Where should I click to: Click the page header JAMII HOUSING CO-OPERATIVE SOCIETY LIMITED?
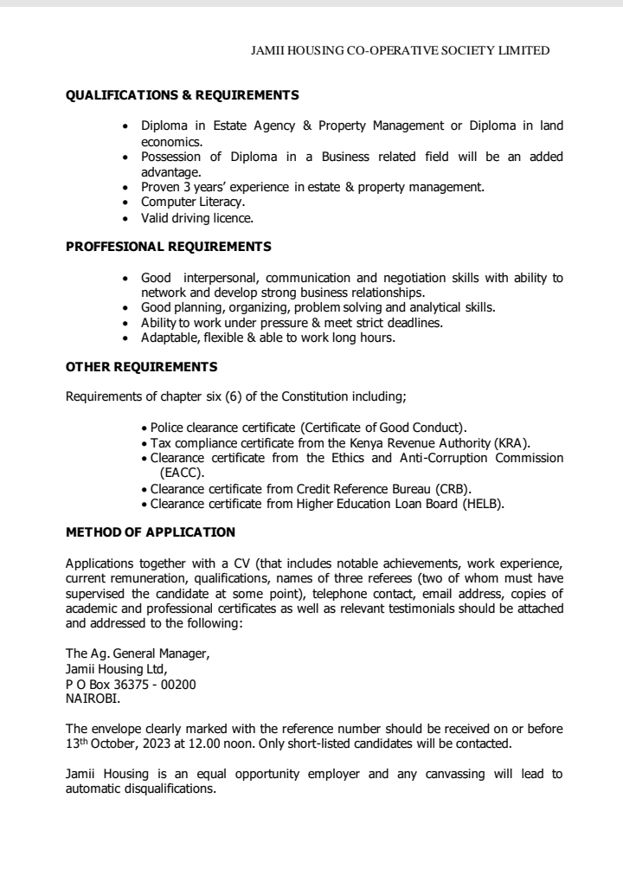pos(400,51)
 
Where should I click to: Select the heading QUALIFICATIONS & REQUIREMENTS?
pos(183,94)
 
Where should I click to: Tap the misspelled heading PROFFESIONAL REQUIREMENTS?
pos(169,247)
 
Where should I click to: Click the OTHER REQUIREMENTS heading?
pos(142,367)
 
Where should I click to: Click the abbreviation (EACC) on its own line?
pos(180,473)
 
